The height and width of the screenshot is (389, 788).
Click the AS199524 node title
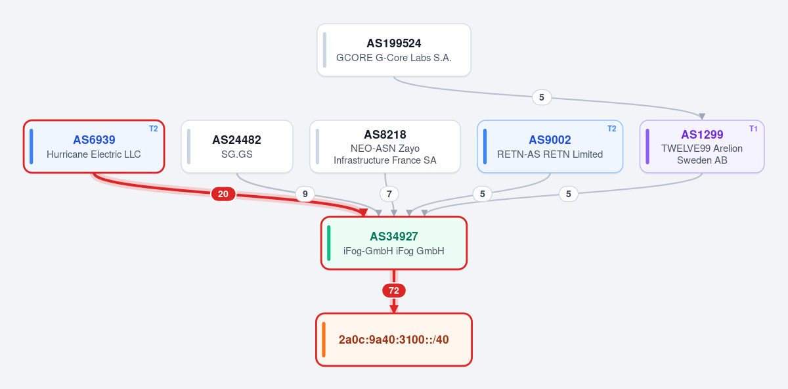393,43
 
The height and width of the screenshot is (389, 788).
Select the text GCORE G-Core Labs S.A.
393,58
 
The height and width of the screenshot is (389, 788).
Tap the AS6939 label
94,140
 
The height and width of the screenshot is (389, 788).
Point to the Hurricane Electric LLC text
93,154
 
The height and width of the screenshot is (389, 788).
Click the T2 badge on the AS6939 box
154,129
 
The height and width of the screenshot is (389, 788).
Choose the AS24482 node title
237,140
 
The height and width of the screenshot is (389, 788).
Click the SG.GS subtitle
237,154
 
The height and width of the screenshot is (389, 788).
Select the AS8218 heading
385,135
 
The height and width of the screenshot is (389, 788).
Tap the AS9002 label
550,140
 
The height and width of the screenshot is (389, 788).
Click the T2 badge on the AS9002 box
612,129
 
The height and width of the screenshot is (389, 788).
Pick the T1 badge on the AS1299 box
753,129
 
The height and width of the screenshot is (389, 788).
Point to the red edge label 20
223,194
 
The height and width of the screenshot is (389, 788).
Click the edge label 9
305,194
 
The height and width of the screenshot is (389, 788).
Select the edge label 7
389,194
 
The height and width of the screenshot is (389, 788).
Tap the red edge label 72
393,290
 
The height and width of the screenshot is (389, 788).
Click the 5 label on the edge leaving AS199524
542,97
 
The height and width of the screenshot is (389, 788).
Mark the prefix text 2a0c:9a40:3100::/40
393,340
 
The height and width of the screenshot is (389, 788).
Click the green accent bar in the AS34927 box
328,243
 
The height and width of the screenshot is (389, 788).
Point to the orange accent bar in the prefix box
324,340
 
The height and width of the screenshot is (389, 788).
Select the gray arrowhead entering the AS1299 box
702,116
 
